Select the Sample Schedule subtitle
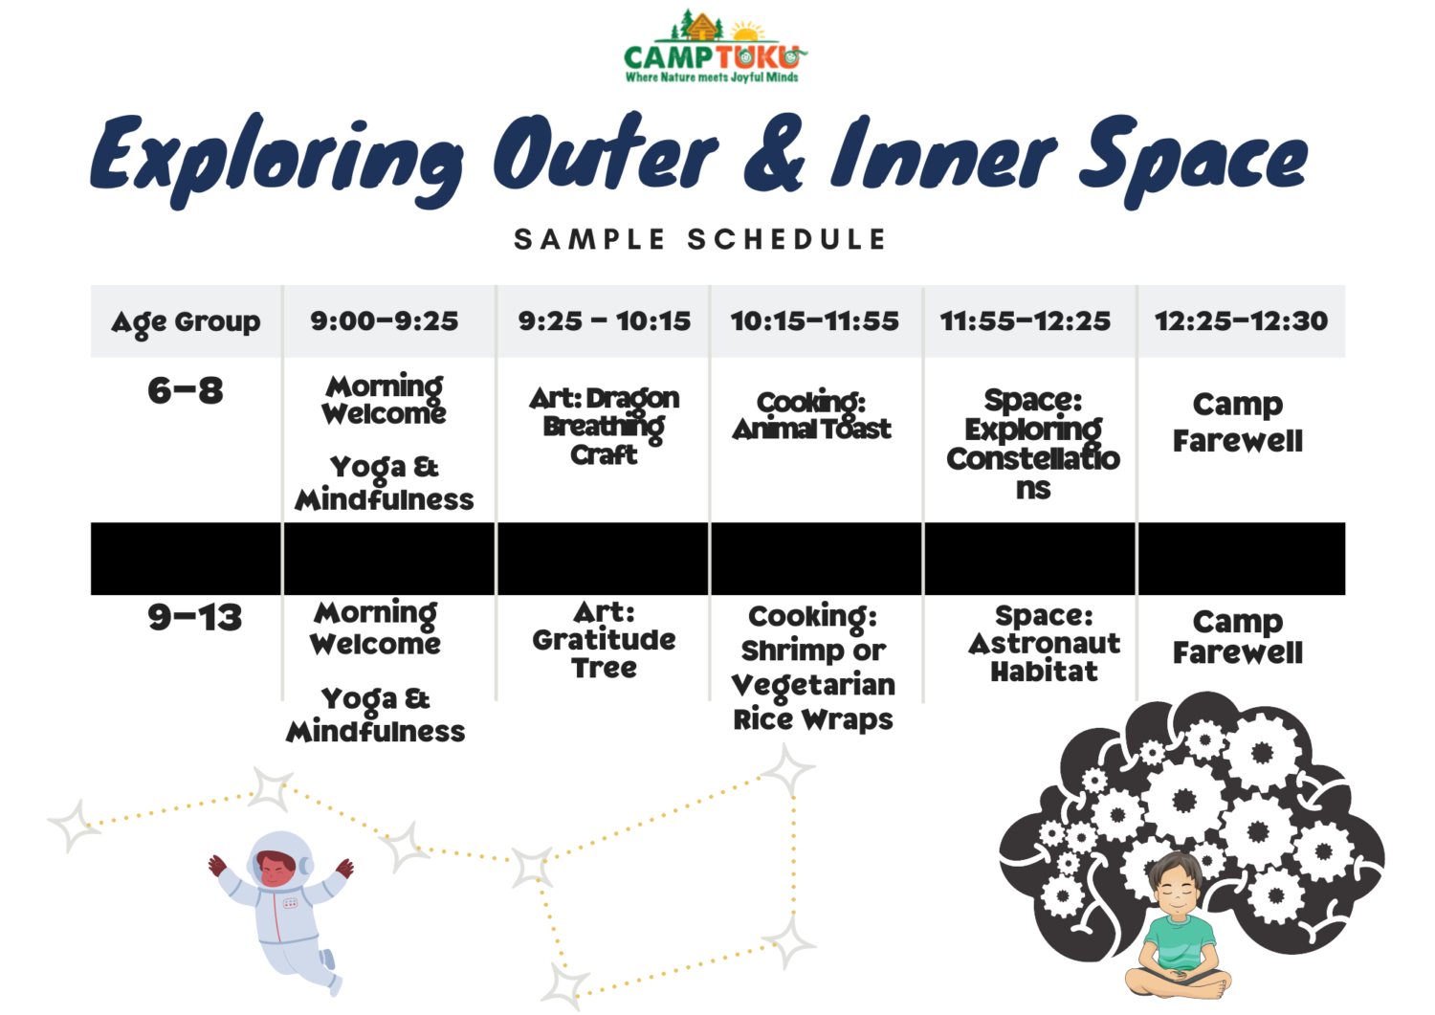point(700,239)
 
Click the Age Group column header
point(186,322)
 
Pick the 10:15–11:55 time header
point(815,321)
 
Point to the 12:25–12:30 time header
point(1241,321)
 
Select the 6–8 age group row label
point(186,390)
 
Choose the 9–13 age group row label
point(194,618)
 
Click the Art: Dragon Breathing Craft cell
point(604,426)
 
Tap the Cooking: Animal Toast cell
point(812,416)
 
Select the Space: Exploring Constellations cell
point(1033,443)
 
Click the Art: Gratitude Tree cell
point(604,639)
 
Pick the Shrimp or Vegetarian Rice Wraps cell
point(813,668)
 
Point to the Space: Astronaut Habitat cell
point(1044,643)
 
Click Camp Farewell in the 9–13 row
point(1238,637)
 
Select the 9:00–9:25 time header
point(385,321)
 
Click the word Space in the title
point(1192,159)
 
